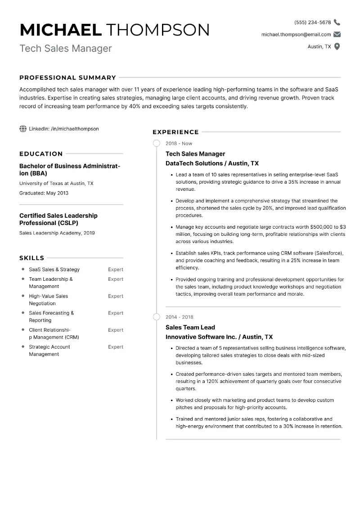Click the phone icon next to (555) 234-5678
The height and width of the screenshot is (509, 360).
[x=337, y=23]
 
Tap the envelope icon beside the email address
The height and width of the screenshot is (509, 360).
[x=337, y=35]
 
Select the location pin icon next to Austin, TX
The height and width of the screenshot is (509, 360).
[x=337, y=46]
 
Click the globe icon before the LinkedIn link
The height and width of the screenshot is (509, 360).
[x=23, y=129]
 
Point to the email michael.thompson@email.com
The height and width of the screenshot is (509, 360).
[x=296, y=35]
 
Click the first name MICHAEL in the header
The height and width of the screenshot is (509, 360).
[x=61, y=30]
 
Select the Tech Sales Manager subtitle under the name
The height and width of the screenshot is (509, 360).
[x=66, y=48]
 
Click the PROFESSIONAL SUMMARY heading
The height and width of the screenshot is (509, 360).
[x=67, y=77]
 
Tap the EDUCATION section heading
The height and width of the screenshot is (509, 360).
[x=41, y=153]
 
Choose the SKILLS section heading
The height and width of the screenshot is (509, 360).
[x=32, y=258]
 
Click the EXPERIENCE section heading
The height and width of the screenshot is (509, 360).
[x=175, y=132]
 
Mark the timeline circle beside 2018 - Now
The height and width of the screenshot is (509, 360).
[x=157, y=144]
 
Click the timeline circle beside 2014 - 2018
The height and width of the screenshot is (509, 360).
[x=157, y=317]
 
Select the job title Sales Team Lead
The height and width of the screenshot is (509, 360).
[x=190, y=327]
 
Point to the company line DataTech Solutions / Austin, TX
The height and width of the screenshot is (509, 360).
[x=212, y=163]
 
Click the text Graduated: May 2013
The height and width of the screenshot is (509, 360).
[x=44, y=193]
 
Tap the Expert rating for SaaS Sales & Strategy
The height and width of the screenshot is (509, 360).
[x=116, y=270]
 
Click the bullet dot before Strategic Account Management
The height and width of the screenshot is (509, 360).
[x=23, y=347]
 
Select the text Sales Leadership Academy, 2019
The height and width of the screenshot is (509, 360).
[x=57, y=233]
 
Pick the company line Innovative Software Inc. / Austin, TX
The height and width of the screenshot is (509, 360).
[x=219, y=337]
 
